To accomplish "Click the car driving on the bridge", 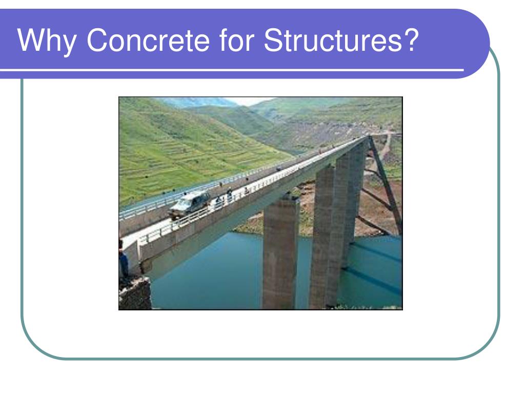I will click(x=190, y=203).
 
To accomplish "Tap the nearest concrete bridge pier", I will click(x=280, y=254).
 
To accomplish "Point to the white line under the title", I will click(x=231, y=70).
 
